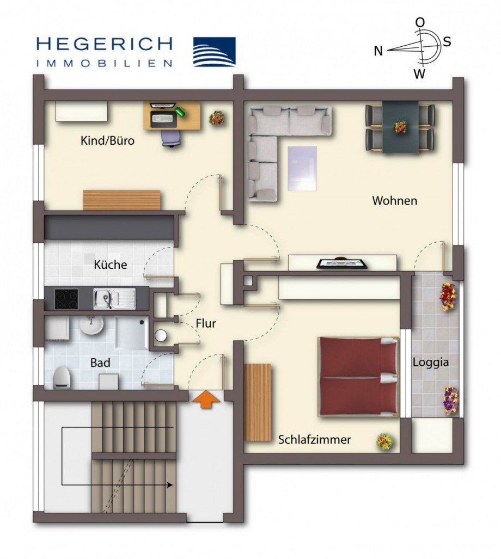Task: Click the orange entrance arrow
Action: coord(206,400)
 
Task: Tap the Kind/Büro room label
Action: coord(107,141)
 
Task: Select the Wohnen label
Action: coord(394,200)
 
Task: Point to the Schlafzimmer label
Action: coord(314,439)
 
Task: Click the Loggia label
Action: coord(430,362)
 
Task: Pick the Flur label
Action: coord(206,323)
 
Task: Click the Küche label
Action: coord(111,265)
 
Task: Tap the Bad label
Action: coord(101,363)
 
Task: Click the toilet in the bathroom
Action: coord(62,377)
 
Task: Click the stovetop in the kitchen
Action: coord(66,298)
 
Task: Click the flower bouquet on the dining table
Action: coord(400,127)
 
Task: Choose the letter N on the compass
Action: coord(378,51)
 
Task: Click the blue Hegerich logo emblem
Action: coord(215,52)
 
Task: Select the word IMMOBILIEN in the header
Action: coord(104,63)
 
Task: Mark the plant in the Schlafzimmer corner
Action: coord(384,441)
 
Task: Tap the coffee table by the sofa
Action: coord(302,168)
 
